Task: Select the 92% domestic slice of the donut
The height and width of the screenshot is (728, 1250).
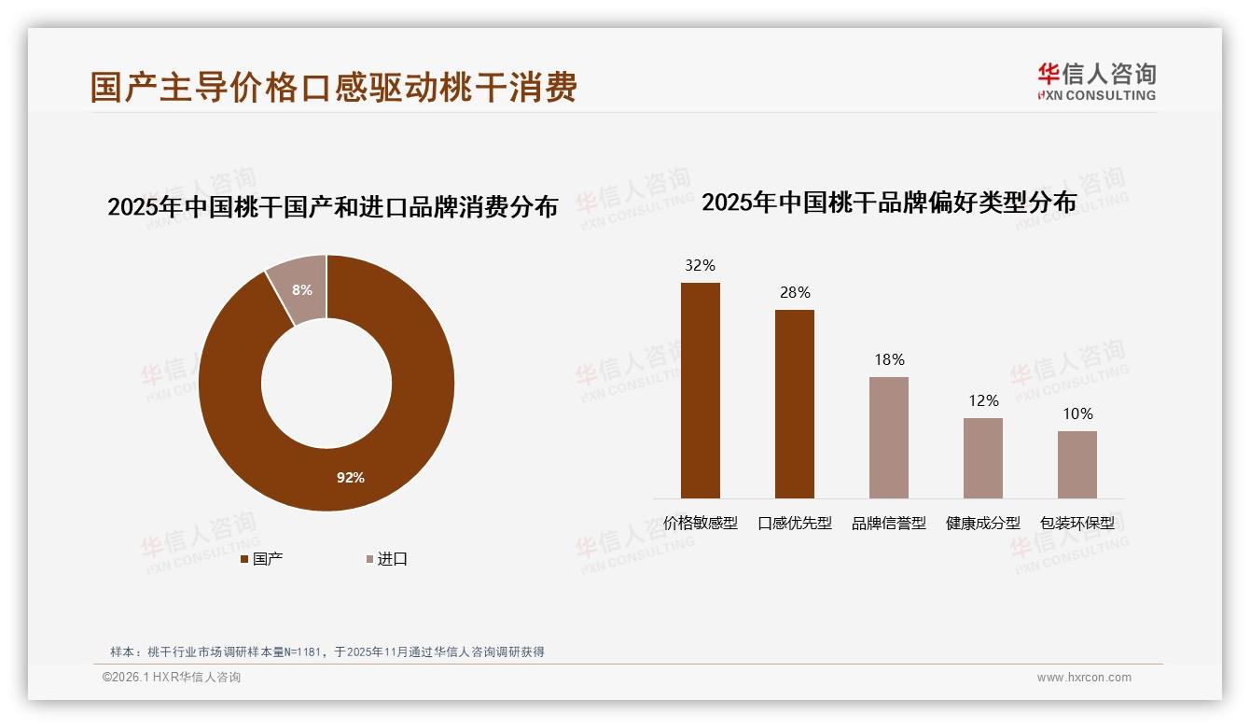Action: (x=351, y=477)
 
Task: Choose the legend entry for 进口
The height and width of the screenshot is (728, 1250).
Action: (x=385, y=559)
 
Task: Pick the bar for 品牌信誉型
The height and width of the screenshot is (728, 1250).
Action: (x=889, y=438)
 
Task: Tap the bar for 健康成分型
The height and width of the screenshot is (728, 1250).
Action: (x=983, y=457)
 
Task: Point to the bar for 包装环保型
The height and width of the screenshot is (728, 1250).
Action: (x=1077, y=464)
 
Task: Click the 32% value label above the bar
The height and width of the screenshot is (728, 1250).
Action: (x=701, y=265)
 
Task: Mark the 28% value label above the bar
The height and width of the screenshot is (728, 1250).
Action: (x=795, y=292)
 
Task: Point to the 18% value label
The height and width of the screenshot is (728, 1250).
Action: (x=889, y=359)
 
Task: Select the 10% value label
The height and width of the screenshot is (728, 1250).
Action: (x=1077, y=413)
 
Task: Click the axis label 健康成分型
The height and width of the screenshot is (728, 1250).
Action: (x=983, y=523)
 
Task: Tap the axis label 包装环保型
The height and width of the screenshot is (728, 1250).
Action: (x=1077, y=523)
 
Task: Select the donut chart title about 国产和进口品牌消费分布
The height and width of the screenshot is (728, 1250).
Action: (x=332, y=206)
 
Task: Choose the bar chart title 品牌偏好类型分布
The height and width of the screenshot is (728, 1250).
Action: (x=889, y=202)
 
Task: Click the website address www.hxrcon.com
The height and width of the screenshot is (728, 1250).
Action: (x=1084, y=678)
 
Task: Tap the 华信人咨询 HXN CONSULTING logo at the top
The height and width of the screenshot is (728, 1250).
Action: (x=1097, y=81)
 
